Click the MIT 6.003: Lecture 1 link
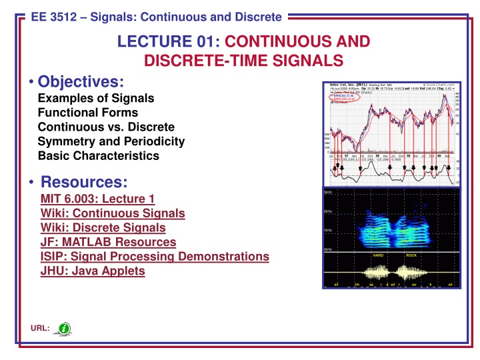[x=97, y=199]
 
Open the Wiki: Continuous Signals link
[x=113, y=213]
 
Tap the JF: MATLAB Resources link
[x=108, y=242]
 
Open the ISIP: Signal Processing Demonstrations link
[x=155, y=256]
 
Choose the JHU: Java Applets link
[x=93, y=271]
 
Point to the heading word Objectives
[x=81, y=82]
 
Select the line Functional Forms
[x=88, y=113]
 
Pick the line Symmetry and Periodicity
[x=111, y=141]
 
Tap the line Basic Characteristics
[x=99, y=156]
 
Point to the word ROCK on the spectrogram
[x=411, y=255]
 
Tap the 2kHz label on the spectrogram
[x=328, y=211]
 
